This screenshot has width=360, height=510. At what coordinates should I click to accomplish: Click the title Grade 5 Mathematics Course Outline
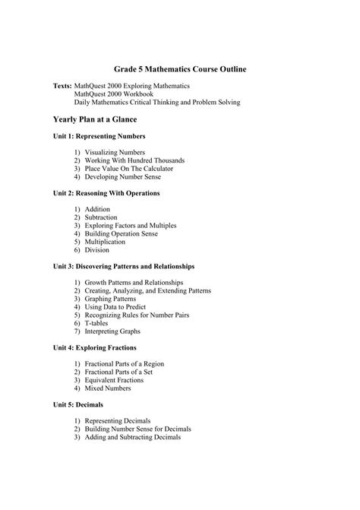pos(180,69)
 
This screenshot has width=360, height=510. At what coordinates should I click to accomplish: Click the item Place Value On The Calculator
pos(128,169)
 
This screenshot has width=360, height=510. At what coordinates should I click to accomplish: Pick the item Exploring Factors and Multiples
pos(131,226)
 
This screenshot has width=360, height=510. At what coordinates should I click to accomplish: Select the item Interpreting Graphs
pos(112,331)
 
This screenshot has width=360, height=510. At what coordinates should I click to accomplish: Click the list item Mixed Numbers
pos(109,388)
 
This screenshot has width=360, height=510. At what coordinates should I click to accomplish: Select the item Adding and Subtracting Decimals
pos(133,437)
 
